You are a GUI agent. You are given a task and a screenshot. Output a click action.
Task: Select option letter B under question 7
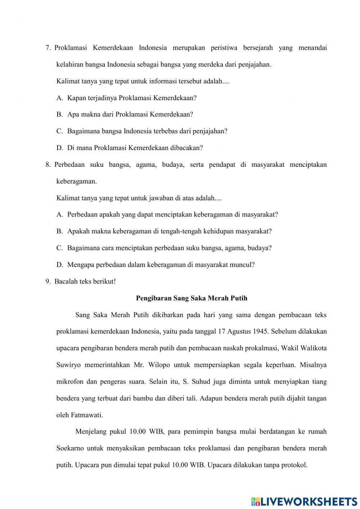point(59,115)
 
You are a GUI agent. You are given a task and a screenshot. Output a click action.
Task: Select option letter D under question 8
point(59,265)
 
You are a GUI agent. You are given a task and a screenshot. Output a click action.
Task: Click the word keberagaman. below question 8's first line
point(76,181)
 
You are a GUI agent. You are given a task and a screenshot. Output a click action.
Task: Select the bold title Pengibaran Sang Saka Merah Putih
point(192,298)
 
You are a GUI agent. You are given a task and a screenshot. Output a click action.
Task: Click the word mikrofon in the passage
point(69,381)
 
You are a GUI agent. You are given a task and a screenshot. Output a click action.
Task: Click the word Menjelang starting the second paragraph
point(90,432)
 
